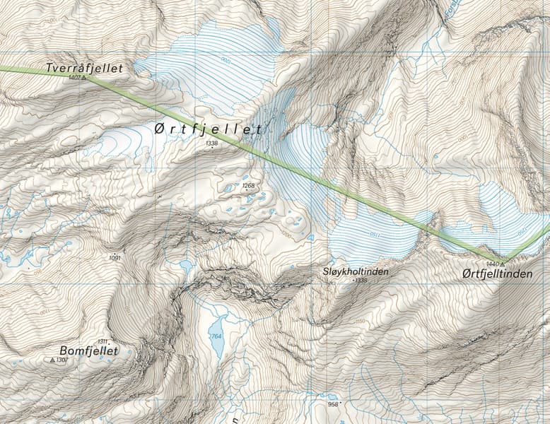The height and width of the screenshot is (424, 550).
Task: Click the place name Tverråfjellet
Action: point(84,68)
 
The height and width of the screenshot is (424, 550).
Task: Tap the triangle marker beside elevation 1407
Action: point(83,78)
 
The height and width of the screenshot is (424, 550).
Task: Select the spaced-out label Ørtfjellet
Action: point(208,129)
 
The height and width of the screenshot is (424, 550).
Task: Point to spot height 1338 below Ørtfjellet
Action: point(211,143)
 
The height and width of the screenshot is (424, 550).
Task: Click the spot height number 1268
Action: point(248,186)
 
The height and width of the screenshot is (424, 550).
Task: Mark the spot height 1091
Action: point(115,258)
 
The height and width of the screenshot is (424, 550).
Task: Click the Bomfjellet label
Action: point(89,350)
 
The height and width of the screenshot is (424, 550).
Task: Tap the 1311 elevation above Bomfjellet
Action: point(103,341)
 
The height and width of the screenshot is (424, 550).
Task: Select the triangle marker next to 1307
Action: point(52,360)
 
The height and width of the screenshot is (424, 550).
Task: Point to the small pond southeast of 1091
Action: point(186,266)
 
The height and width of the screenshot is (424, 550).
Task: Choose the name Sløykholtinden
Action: point(355,271)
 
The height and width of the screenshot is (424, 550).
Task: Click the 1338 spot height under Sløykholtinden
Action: point(361,281)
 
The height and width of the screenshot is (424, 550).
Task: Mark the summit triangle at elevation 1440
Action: point(503,264)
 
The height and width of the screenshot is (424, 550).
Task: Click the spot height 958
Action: point(334,404)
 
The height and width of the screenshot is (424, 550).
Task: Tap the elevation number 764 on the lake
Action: point(216,336)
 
